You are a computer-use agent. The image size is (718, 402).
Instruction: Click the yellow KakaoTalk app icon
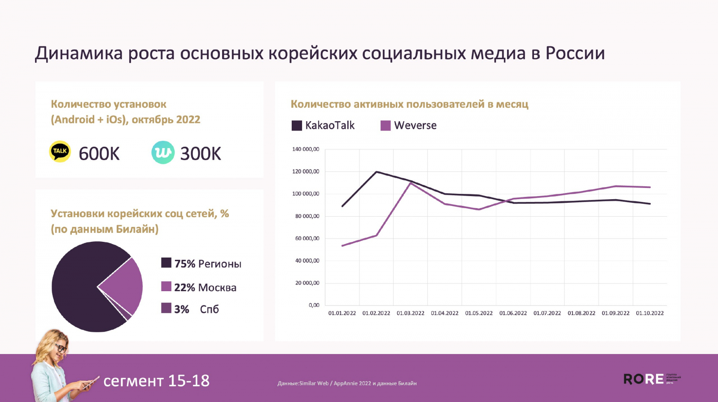60,152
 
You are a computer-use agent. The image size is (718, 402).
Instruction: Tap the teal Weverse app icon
162,152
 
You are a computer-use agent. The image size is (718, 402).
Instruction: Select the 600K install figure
99,154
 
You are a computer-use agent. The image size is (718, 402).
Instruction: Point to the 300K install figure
201,154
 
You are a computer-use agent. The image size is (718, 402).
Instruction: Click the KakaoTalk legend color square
297,126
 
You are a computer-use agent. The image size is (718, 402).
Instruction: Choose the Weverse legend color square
385,126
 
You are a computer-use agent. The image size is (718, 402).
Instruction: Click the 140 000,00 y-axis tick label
306,149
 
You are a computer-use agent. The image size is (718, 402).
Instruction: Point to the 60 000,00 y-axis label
307,238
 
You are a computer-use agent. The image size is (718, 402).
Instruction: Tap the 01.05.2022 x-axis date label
479,313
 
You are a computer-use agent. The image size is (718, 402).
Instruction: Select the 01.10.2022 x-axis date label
650,313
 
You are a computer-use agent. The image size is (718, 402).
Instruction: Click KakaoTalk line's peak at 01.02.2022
376,172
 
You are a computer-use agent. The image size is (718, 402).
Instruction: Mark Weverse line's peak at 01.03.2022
410,183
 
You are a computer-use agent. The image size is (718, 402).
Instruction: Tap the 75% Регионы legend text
208,264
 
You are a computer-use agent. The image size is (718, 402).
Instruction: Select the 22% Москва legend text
205,288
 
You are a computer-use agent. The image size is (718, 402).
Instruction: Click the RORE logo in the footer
644,379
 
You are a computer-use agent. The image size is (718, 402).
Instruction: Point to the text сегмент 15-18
156,381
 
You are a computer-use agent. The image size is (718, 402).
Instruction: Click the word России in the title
575,53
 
